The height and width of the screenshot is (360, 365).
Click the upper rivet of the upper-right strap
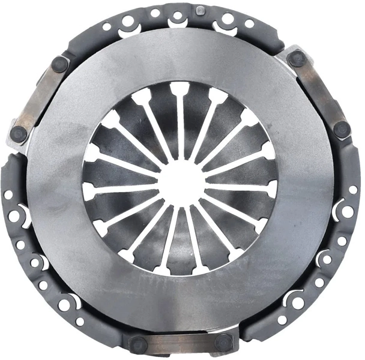tap(297, 59)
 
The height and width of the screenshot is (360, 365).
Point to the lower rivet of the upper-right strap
tap(341, 129)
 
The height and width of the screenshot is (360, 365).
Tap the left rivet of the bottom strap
tap(138, 344)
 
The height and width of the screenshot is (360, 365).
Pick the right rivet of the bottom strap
tap(223, 342)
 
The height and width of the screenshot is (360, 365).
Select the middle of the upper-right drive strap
tap(320, 93)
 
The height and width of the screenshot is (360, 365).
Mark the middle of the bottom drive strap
tap(181, 344)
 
